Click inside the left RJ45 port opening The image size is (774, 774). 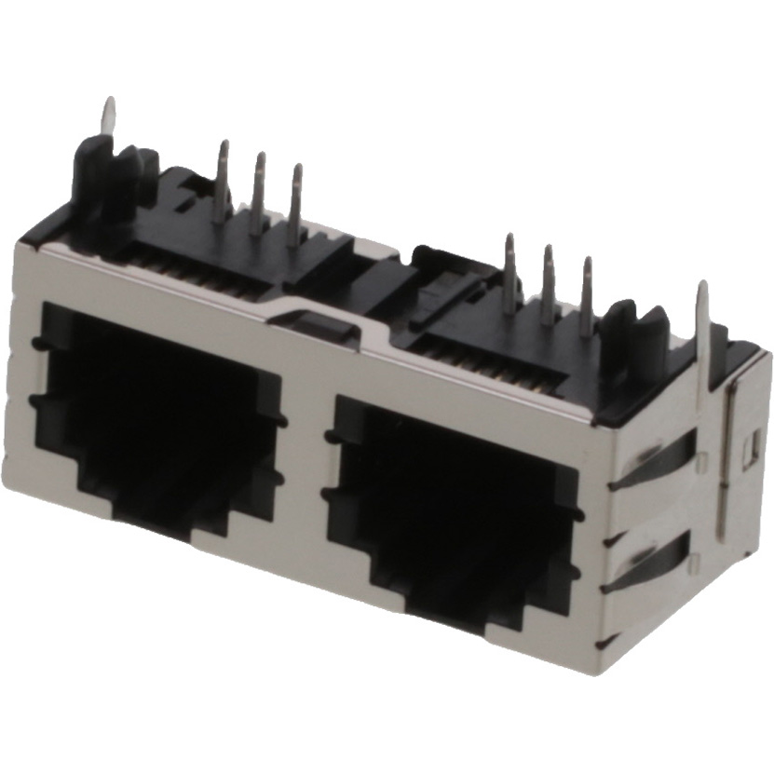(158, 410)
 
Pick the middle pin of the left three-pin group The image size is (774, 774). (258, 191)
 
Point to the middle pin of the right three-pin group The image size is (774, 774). (549, 284)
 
